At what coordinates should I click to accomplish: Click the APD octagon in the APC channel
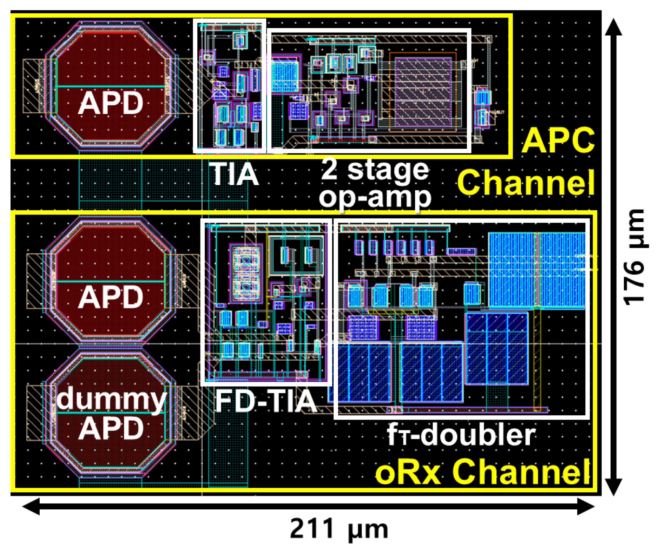(110, 84)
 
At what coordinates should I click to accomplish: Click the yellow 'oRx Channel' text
(482, 472)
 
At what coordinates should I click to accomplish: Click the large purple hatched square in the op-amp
(423, 92)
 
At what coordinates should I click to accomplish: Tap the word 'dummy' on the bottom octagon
(111, 399)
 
